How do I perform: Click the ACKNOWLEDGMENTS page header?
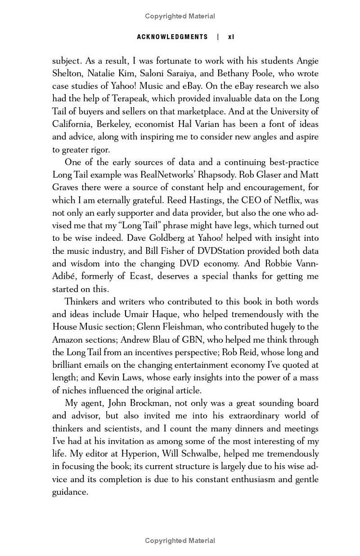(172, 37)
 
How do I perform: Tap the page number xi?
(231, 37)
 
